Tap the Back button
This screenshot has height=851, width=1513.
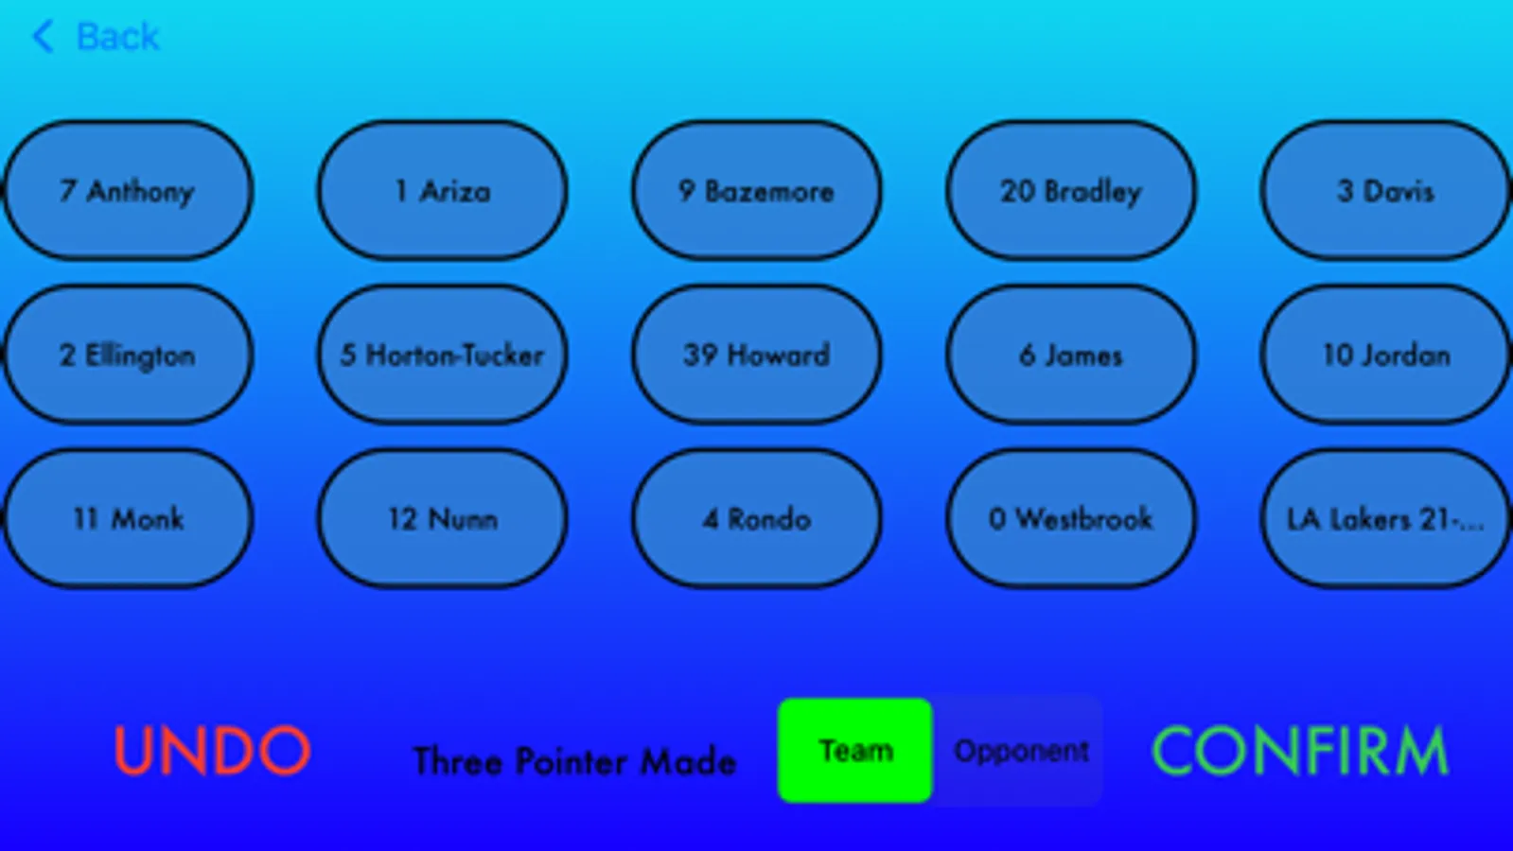tap(97, 38)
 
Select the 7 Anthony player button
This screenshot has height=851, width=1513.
tap(128, 191)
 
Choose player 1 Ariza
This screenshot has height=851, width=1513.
tap(442, 191)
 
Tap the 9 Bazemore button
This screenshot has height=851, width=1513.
tap(756, 191)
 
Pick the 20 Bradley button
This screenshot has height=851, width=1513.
tap(1070, 191)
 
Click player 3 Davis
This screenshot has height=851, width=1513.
tap(1385, 191)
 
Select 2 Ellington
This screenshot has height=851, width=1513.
tap(128, 355)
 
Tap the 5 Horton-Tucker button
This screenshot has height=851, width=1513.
tap(442, 355)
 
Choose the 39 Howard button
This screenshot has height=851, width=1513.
tap(756, 355)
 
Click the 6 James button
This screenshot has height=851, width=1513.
tap(1070, 355)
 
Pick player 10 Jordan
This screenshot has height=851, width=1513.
tap(1385, 355)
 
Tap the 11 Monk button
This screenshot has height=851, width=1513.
tap(128, 518)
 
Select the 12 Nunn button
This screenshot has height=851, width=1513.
tap(442, 518)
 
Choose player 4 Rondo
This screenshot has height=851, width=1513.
tap(756, 518)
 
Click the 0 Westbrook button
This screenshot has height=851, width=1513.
tap(1070, 518)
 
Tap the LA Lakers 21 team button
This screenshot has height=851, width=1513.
tap(1385, 518)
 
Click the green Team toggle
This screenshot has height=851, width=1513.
tap(855, 751)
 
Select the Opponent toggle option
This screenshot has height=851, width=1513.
tap(1020, 751)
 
